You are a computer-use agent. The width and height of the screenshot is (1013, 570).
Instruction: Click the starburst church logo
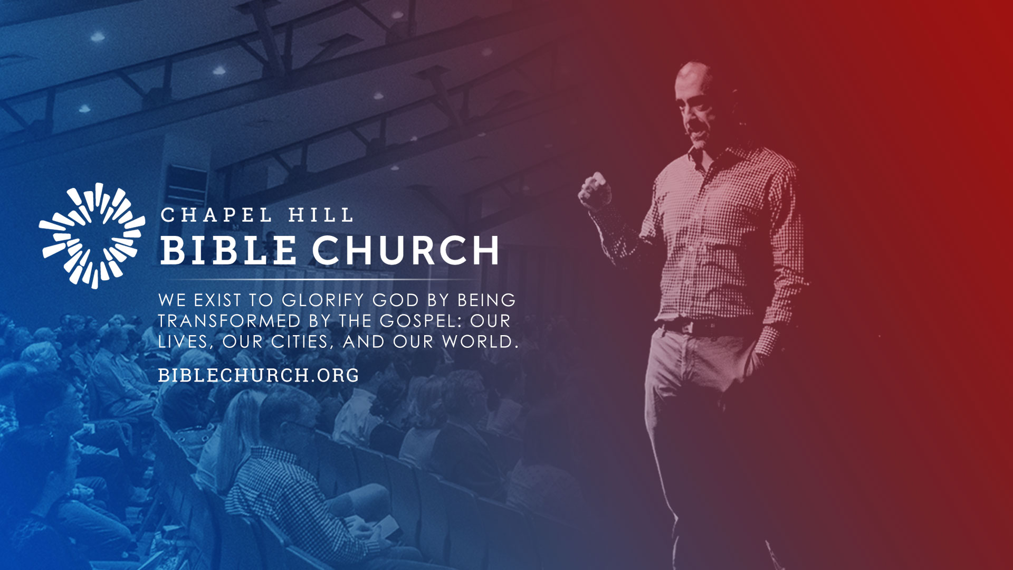[92, 235]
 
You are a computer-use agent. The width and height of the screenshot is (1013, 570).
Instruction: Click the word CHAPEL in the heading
[216, 215]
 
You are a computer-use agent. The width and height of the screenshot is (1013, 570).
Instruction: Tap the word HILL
[320, 215]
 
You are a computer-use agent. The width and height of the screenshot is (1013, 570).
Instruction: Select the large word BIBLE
[228, 250]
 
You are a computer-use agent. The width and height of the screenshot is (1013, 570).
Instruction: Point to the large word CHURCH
[406, 250]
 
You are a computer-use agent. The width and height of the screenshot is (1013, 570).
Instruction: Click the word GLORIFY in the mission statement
[323, 300]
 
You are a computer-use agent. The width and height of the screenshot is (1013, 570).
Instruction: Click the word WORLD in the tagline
[480, 341]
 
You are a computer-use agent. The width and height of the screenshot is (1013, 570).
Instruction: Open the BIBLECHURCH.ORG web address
[259, 375]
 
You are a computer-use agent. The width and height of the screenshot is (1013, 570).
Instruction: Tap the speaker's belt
[707, 328]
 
